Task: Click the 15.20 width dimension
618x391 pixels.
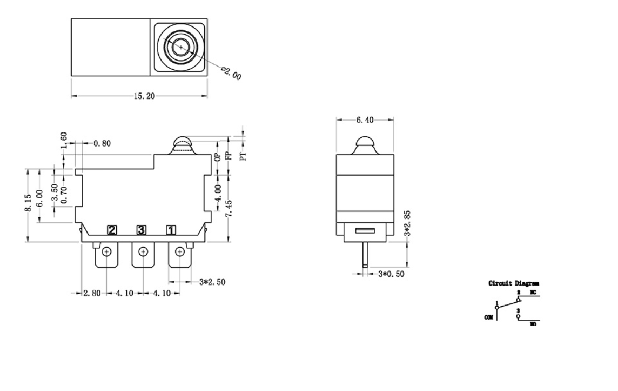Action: click(x=144, y=96)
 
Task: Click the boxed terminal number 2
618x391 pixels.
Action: click(x=112, y=230)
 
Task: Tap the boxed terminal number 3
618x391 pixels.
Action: click(x=141, y=230)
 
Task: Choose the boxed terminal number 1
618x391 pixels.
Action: click(x=170, y=230)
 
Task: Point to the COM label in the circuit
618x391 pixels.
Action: click(x=488, y=317)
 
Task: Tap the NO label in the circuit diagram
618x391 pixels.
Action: click(x=533, y=325)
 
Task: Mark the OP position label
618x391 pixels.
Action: click(x=217, y=157)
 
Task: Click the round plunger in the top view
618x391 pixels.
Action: click(x=180, y=47)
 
